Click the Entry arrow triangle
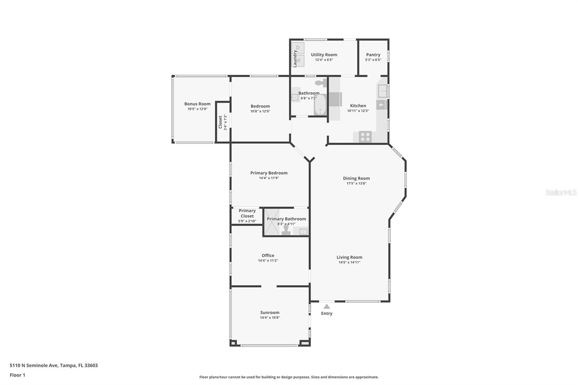pyautogui.click(x=327, y=306)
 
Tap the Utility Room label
pyautogui.click(x=324, y=55)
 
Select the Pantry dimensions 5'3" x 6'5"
pyautogui.click(x=373, y=60)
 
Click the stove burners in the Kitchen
pyautogui.click(x=365, y=137)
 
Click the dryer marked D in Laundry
pyautogui.click(x=298, y=48)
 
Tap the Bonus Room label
pyautogui.click(x=197, y=104)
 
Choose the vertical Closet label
pyautogui.click(x=220, y=122)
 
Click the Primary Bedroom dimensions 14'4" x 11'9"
pyautogui.click(x=269, y=178)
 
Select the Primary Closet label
pyautogui.click(x=247, y=213)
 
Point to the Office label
pyautogui.click(x=268, y=255)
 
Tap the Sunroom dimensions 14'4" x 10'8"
pyautogui.click(x=270, y=318)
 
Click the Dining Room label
pyautogui.click(x=356, y=178)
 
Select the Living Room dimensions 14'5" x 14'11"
pyautogui.click(x=349, y=263)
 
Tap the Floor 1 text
pyautogui.click(x=17, y=375)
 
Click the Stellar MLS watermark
pyautogui.click(x=561, y=192)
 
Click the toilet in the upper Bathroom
pyautogui.click(x=320, y=83)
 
